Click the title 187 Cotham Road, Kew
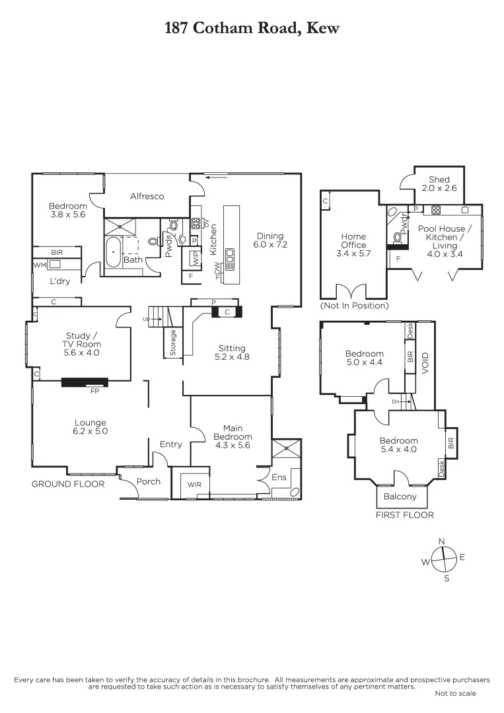click(252, 28)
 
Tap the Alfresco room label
click(147, 196)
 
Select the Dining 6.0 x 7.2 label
click(270, 240)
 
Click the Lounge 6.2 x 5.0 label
click(90, 427)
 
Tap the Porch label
click(148, 481)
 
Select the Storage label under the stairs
click(173, 343)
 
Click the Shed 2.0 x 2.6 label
click(439, 184)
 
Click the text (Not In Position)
click(354, 306)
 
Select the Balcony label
click(401, 496)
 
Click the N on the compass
click(442, 541)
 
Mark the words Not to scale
click(454, 693)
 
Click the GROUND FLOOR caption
click(68, 484)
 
